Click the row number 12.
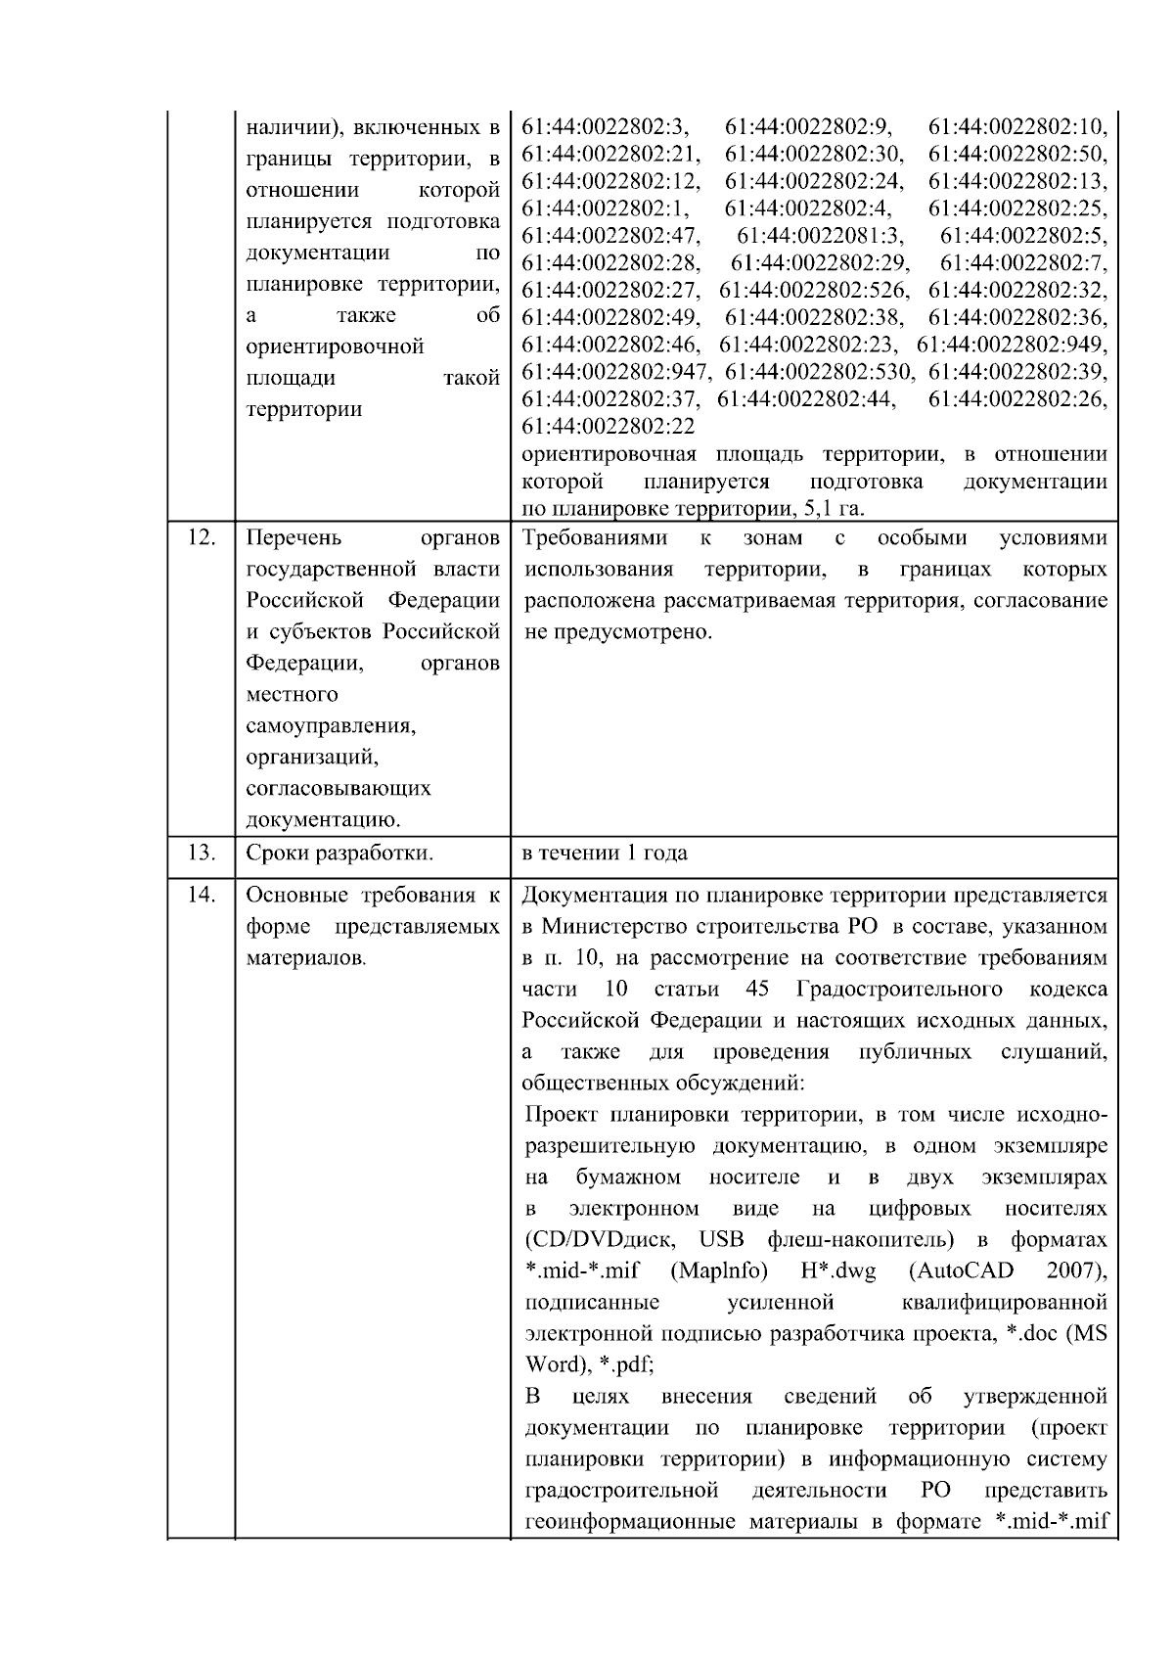(201, 538)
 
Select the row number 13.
(201, 853)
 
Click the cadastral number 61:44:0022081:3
(820, 236)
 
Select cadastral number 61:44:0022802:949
(1013, 345)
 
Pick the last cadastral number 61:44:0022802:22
(608, 427)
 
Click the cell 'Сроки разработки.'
(339, 853)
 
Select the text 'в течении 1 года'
(605, 853)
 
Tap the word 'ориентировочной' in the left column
(335, 346)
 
